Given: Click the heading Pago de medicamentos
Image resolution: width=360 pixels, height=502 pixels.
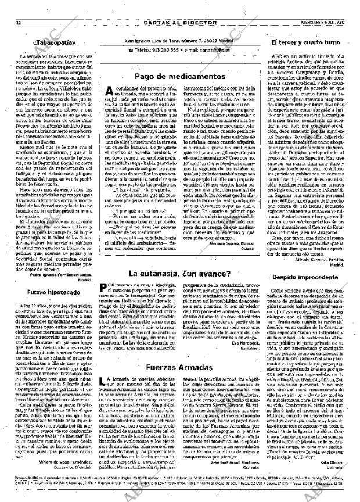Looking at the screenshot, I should (x=181, y=76).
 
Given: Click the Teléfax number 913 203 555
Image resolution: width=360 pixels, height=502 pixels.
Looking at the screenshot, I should (x=152, y=51).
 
